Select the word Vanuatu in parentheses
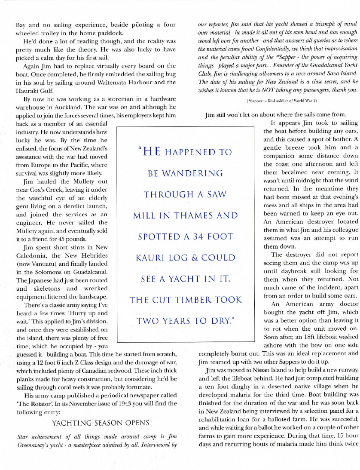(43, 263)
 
